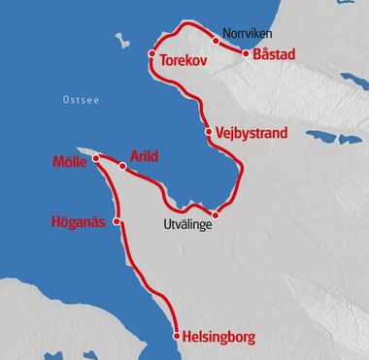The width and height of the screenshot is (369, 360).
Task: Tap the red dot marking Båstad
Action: (245, 54)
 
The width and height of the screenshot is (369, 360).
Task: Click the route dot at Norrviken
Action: (215, 41)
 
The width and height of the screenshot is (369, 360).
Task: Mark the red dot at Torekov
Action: (152, 55)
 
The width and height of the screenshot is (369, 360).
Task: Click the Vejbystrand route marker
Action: (209, 131)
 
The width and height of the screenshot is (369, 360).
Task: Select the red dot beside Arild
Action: (122, 167)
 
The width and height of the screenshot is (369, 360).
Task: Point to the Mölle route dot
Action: (95, 157)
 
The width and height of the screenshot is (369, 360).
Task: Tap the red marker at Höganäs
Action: (117, 221)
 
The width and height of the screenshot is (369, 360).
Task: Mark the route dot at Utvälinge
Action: (216, 215)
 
